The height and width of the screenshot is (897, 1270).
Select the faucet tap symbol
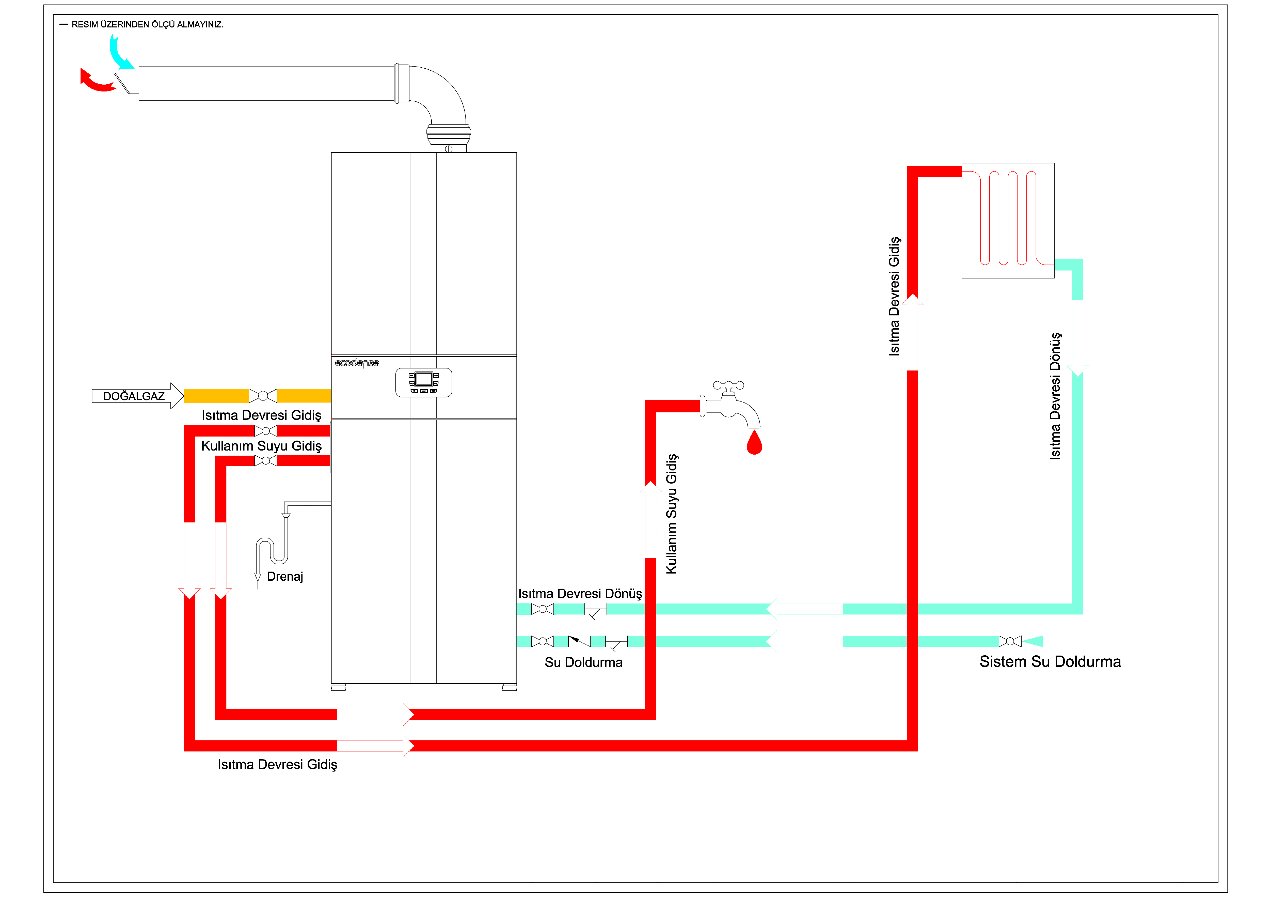(730, 406)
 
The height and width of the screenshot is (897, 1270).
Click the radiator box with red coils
(1008, 220)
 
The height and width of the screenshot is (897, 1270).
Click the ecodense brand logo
(357, 363)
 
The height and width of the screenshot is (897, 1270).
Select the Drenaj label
(285, 577)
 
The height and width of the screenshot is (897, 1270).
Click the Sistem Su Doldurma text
(1050, 661)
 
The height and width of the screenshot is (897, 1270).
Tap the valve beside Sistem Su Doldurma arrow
(1010, 641)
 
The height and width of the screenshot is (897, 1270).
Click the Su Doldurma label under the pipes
(583, 662)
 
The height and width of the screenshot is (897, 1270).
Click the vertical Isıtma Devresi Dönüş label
(1055, 396)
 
